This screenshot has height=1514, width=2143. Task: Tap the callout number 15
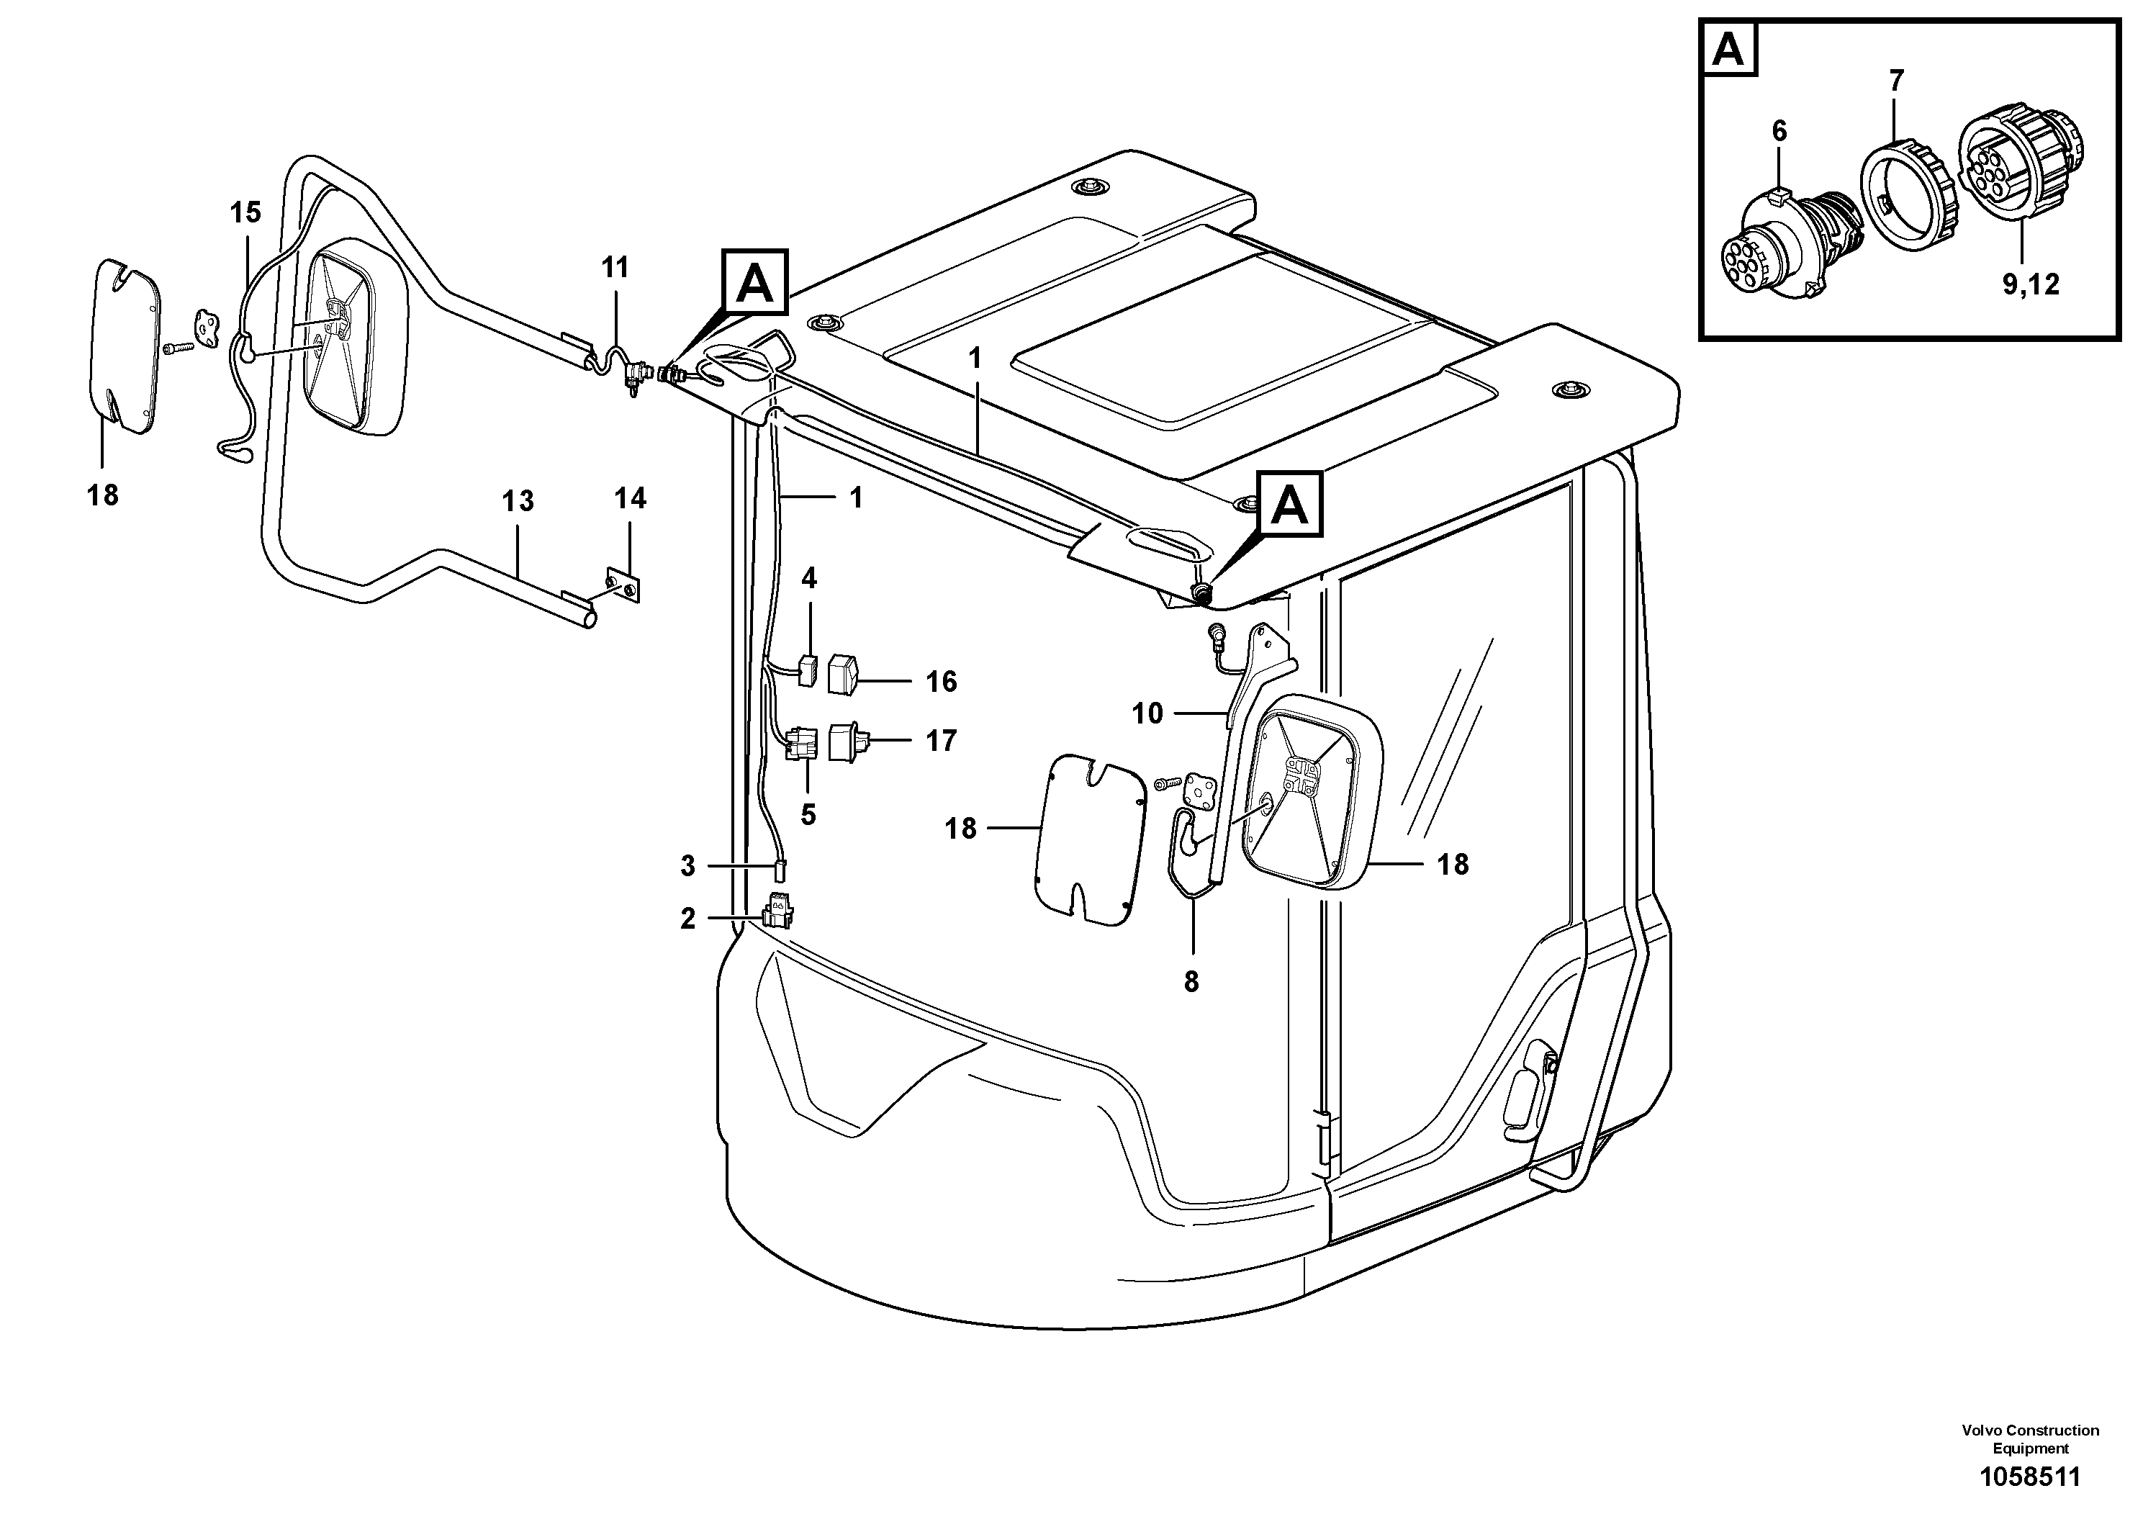[x=245, y=213]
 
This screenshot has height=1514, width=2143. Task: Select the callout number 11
[x=615, y=268]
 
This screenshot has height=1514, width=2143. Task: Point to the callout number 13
[x=518, y=501]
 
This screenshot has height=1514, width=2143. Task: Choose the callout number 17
[x=941, y=741]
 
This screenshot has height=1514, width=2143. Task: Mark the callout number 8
[x=1191, y=982]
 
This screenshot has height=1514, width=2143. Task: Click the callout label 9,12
[x=2030, y=284]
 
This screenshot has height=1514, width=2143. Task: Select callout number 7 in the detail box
[x=1895, y=81]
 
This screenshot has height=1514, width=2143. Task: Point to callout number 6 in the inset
[x=1779, y=132]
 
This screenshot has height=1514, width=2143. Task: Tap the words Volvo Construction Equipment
[x=2030, y=1438]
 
